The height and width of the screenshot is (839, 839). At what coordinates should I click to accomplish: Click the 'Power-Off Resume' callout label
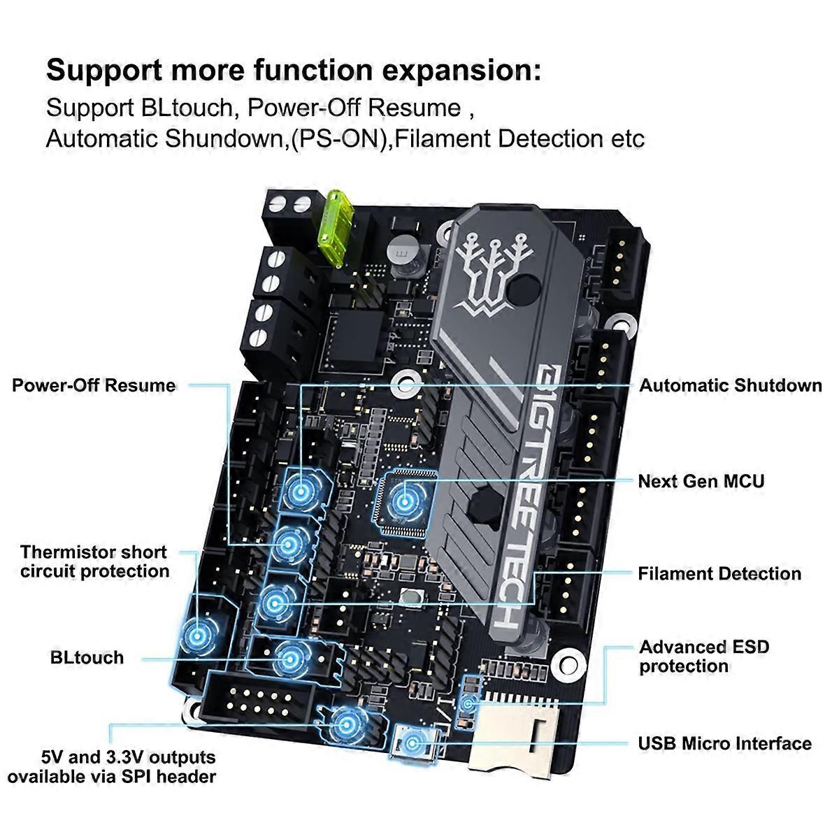point(94,385)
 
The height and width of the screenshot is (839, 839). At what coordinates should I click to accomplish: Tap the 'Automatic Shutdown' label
point(731,385)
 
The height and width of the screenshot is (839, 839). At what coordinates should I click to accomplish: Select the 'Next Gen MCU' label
point(701,481)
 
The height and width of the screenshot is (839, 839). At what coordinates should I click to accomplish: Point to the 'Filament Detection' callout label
point(719,574)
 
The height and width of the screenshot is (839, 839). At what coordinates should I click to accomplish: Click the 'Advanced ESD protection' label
point(704,657)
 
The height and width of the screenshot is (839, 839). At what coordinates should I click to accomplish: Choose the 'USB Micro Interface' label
point(724,743)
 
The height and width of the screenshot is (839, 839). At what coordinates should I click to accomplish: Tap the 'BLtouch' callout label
point(87,658)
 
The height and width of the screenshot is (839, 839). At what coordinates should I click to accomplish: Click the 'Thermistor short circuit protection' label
point(94,561)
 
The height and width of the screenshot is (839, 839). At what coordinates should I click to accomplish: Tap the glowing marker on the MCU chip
point(403,499)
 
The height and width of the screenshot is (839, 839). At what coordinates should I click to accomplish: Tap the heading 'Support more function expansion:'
point(294,71)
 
